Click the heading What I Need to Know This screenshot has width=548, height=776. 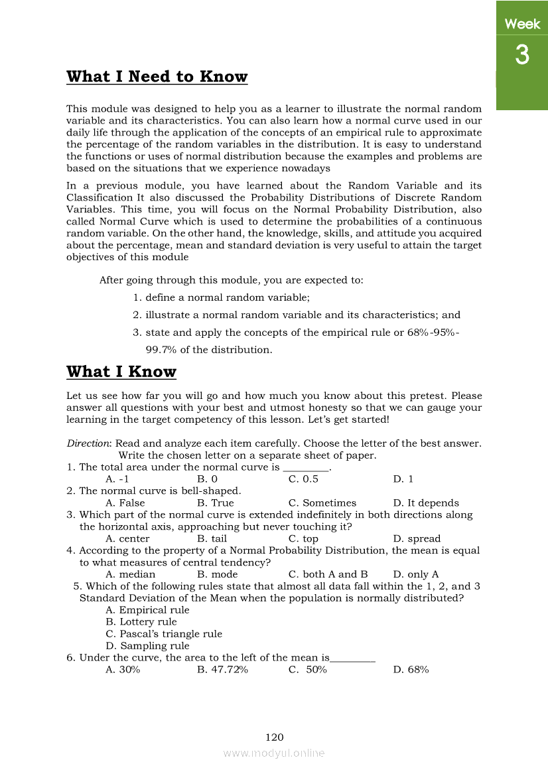[x=157, y=77]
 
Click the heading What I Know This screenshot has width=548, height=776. [x=121, y=372]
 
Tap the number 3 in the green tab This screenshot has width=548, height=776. [x=522, y=55]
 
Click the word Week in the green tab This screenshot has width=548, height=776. [x=522, y=25]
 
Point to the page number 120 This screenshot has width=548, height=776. [x=274, y=737]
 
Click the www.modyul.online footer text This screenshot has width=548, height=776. [x=274, y=753]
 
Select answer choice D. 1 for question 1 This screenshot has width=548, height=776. [x=403, y=479]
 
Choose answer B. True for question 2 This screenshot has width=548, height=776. [x=215, y=503]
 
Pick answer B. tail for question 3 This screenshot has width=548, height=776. [x=212, y=539]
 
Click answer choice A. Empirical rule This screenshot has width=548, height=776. [x=147, y=610]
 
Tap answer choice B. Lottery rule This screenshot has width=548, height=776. [x=141, y=622]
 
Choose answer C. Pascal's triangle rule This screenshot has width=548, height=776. [x=164, y=634]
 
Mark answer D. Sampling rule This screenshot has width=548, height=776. [x=147, y=646]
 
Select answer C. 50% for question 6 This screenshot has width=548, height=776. [x=308, y=670]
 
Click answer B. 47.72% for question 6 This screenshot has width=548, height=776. [x=222, y=670]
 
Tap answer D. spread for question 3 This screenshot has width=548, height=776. [x=417, y=539]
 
